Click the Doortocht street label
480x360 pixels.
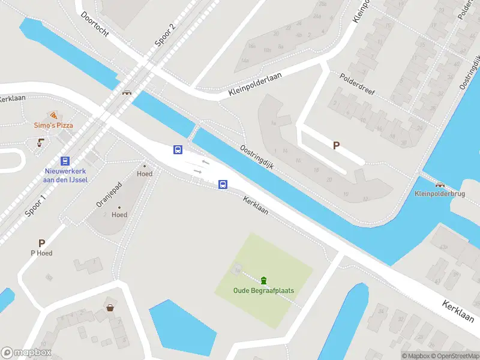click(94, 24)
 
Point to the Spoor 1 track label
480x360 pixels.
click(35, 205)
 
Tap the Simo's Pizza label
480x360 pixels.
click(53, 125)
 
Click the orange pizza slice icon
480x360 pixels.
click(53, 115)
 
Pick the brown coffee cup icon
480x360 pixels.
click(41, 142)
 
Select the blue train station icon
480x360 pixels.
click(65, 161)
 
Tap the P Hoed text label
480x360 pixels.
click(41, 253)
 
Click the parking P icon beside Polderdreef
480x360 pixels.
click(337, 145)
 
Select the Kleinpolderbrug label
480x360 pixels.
click(439, 194)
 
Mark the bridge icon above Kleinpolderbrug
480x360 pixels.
click(440, 184)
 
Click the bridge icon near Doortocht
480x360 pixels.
click(127, 92)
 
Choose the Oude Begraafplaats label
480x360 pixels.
click(263, 292)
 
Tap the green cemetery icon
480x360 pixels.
click(263, 280)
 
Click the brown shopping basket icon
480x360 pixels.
click(110, 308)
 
